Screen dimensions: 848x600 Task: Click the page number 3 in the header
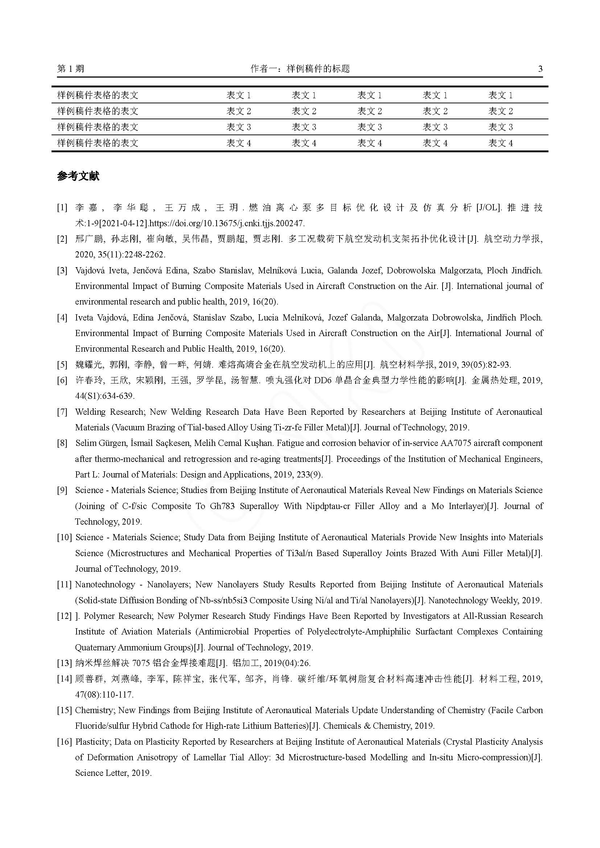point(541,69)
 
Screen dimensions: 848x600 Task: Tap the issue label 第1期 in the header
point(71,69)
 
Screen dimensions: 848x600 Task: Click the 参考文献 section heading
point(78,176)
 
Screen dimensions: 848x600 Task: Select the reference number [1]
point(62,208)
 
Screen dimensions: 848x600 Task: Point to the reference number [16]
point(64,742)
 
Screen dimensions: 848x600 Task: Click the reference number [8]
point(62,443)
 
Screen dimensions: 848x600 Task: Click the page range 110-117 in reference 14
point(117,695)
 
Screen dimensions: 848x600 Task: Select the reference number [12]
point(64,616)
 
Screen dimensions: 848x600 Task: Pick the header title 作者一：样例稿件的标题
point(300,69)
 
